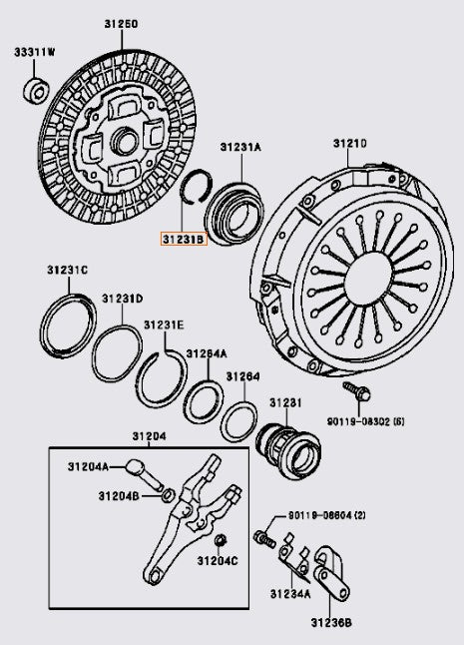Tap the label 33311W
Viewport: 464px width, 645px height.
click(35, 51)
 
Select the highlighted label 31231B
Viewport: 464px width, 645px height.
click(184, 240)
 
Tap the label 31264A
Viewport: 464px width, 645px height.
click(208, 352)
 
